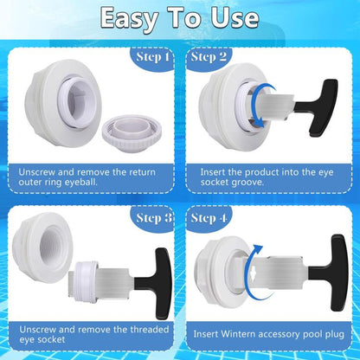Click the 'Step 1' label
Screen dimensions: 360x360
(152, 57)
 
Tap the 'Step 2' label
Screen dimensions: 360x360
(209, 57)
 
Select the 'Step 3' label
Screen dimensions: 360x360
(154, 218)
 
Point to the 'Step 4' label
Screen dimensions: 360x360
(209, 218)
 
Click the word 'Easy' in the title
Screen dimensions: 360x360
(129, 18)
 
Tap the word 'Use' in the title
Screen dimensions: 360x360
(235, 18)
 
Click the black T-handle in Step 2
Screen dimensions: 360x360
(318, 107)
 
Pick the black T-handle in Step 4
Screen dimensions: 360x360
(330, 273)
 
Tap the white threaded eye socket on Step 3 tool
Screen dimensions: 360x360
(86, 280)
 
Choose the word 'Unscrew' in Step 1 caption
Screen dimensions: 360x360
(36, 172)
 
